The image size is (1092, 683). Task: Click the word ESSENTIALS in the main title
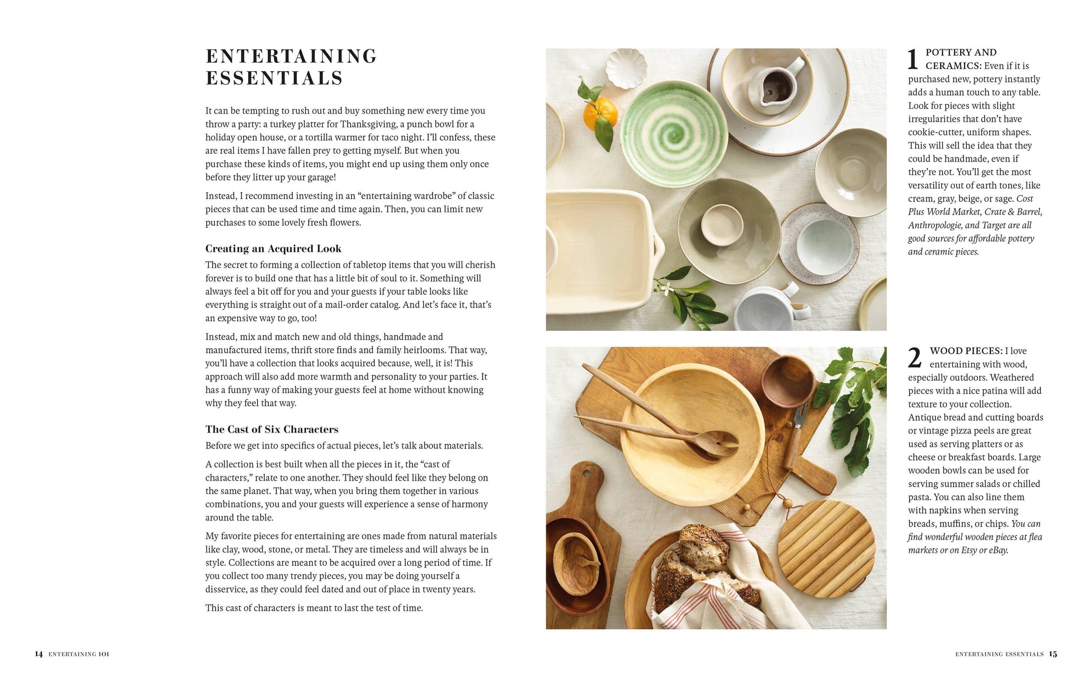[274, 78]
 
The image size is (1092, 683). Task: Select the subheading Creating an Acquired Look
[273, 248]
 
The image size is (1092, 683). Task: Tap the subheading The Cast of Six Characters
[272, 430]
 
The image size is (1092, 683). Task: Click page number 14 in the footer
[39, 654]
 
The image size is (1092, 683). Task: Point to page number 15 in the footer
[1053, 654]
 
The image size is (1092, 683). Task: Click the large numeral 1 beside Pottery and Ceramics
[913, 60]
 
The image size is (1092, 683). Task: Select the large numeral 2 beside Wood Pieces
[915, 358]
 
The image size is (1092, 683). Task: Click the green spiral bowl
[666, 126]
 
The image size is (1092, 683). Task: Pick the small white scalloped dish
[626, 67]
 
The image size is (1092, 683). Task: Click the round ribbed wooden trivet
[826, 548]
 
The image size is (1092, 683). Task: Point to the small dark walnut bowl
[788, 381]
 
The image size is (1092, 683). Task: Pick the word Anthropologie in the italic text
[935, 225]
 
